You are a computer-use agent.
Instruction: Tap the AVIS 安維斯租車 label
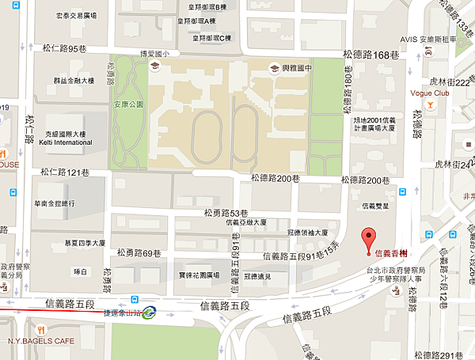pyautogui.click(x=427, y=38)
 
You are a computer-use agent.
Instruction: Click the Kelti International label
pyautogui.click(x=65, y=142)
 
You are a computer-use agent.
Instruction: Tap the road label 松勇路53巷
pyautogui.click(x=226, y=213)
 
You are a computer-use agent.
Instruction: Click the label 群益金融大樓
pyautogui.click(x=74, y=81)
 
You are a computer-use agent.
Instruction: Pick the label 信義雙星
pyautogui.click(x=374, y=206)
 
